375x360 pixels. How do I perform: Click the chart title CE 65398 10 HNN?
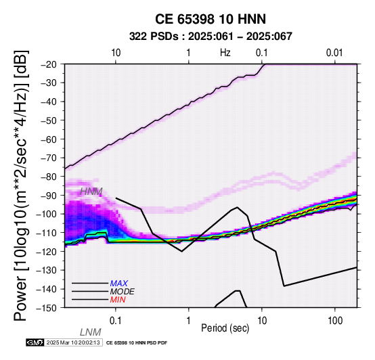click(211, 19)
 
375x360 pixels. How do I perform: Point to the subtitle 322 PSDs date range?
click(211, 37)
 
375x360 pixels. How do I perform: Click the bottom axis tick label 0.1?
click(115, 321)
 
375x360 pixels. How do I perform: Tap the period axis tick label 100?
click(335, 321)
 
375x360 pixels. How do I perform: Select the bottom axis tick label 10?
click(262, 321)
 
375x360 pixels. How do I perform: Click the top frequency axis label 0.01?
click(334, 53)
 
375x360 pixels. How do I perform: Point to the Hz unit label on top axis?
click(225, 53)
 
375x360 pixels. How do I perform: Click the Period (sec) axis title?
click(225, 328)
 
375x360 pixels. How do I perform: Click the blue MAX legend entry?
click(119, 284)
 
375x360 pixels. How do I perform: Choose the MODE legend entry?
click(123, 292)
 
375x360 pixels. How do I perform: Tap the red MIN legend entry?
click(118, 300)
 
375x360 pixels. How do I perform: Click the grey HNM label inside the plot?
click(91, 192)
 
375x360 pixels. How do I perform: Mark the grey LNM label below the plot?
click(91, 332)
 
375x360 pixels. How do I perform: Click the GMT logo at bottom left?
click(35, 342)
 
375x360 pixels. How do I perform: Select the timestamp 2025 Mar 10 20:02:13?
click(73, 342)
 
